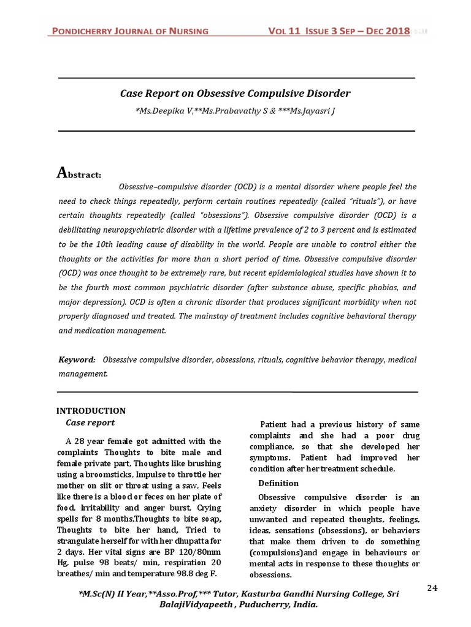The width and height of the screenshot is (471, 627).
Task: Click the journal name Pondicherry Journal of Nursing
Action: pyautogui.click(x=129, y=31)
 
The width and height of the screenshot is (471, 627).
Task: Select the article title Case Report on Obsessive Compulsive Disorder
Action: pyautogui.click(x=235, y=94)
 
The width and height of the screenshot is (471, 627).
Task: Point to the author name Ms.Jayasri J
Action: pyautogui.click(x=312, y=110)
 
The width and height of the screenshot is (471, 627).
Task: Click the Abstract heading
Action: pyautogui.click(x=79, y=174)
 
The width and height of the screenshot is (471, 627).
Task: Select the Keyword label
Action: pyautogui.click(x=77, y=360)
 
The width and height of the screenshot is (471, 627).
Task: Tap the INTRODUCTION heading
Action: pyautogui.click(x=91, y=411)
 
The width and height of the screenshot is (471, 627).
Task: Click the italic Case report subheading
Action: pyautogui.click(x=90, y=422)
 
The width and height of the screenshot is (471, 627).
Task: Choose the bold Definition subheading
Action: pyautogui.click(x=278, y=483)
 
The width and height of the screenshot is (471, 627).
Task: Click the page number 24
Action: pyautogui.click(x=432, y=588)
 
